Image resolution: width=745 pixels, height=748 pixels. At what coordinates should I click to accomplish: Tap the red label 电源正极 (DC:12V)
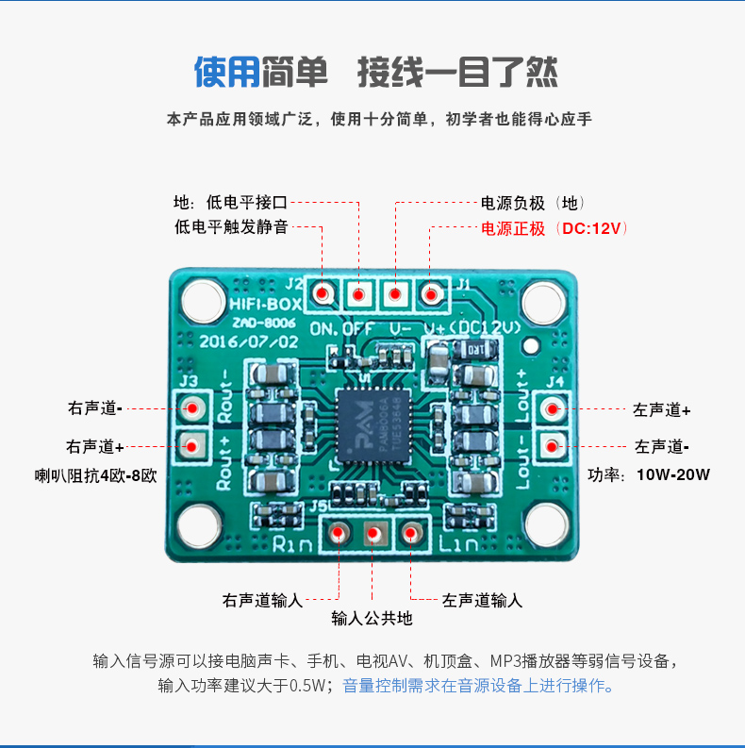coord(554,229)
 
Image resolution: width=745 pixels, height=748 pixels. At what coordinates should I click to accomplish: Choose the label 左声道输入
coord(482,600)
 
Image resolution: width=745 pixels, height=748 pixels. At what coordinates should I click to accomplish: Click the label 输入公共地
coord(372,619)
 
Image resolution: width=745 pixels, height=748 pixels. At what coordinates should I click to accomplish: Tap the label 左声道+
coord(662,410)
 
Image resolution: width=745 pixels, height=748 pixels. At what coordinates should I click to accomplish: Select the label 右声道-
coord(95,408)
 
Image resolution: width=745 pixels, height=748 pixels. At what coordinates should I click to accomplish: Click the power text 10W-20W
coord(673,474)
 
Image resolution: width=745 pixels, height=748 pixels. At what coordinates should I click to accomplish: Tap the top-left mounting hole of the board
coord(201,302)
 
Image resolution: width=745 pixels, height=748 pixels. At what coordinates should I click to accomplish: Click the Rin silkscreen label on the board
coord(293,544)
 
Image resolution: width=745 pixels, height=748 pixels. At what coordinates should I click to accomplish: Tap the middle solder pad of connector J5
coord(372,535)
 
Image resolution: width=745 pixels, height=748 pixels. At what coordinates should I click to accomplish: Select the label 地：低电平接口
coord(230,202)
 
